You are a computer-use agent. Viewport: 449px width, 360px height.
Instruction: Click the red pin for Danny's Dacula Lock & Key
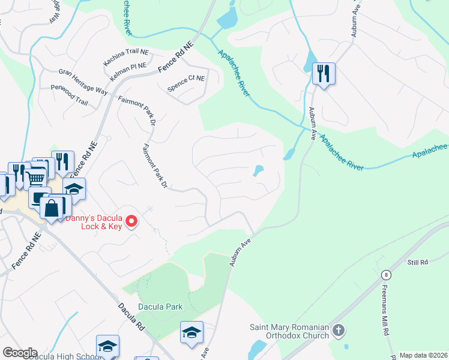[132, 222]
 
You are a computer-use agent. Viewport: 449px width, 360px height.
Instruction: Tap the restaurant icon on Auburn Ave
[324, 74]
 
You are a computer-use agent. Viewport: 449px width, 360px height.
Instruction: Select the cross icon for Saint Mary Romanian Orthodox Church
[339, 331]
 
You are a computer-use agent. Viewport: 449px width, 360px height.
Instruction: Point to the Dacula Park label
[160, 307]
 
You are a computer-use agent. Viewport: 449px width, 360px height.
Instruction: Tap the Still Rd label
[417, 262]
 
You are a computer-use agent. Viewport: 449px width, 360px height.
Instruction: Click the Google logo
[20, 353]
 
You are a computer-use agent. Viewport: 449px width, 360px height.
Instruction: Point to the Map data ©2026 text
[424, 355]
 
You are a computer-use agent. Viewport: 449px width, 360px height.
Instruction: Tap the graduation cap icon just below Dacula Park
[191, 332]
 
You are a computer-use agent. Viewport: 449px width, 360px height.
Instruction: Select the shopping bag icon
[53, 208]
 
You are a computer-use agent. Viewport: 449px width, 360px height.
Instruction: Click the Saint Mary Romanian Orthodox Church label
[290, 331]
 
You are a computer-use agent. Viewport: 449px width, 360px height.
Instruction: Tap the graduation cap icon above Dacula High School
[107, 346]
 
